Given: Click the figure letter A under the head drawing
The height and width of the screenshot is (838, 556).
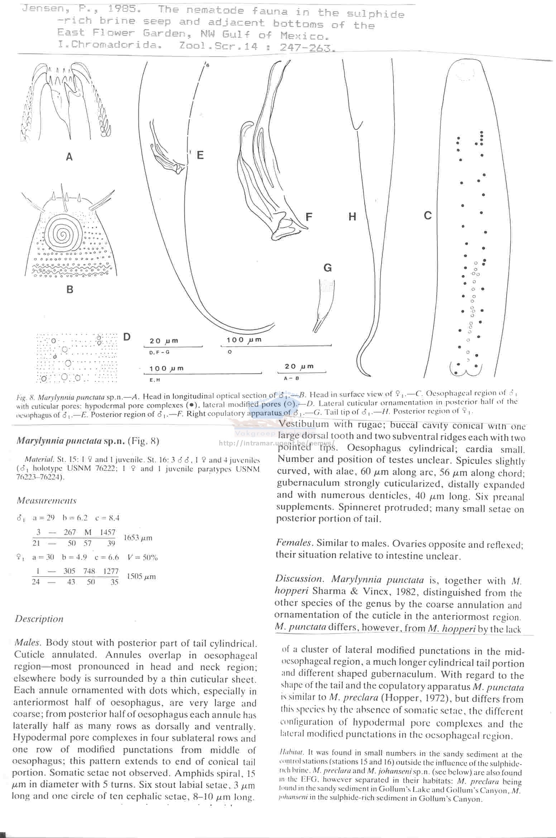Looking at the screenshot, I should [69, 156].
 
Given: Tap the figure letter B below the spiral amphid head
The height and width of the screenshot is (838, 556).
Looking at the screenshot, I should [70, 289].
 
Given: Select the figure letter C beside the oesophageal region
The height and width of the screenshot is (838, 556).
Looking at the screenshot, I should [428, 216].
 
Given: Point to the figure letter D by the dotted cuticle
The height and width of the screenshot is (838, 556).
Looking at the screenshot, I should [126, 337].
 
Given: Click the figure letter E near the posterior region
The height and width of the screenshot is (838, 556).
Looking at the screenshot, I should [200, 155].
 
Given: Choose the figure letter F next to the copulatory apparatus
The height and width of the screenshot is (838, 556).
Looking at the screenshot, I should [309, 217].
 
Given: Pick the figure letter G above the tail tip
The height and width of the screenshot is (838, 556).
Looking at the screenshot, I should [327, 268].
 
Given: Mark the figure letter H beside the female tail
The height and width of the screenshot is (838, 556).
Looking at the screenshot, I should [352, 217].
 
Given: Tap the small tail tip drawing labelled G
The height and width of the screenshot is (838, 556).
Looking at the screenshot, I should [324, 304].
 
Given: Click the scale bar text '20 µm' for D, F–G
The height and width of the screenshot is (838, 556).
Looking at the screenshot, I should [164, 341].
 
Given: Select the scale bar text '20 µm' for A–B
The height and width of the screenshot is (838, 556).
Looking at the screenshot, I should [299, 366].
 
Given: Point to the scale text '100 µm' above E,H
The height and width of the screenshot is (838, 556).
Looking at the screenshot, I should [166, 369].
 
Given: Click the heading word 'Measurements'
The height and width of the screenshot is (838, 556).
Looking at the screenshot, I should [47, 500].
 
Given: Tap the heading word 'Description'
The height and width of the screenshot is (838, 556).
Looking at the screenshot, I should [39, 619].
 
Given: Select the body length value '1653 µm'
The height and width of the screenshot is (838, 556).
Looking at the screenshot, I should [138, 538].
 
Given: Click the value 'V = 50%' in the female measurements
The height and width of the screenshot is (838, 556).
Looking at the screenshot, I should [143, 557].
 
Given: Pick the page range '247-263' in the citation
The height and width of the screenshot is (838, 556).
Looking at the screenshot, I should [307, 48].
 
